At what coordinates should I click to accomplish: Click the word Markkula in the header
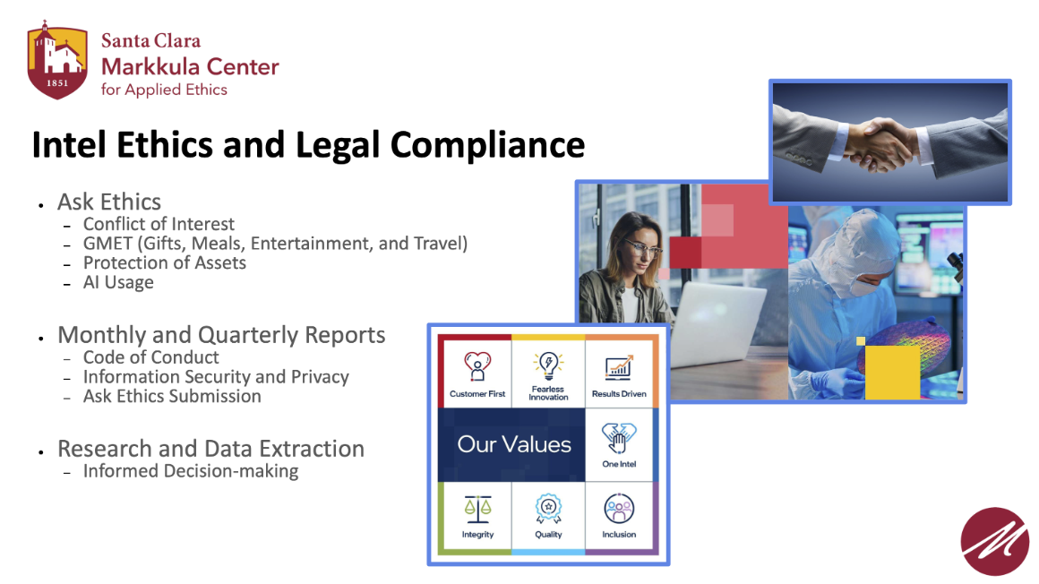point(146,66)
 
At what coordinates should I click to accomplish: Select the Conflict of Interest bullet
point(159,224)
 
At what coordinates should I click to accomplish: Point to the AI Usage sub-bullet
point(118,283)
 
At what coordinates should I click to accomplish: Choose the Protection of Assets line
point(164,263)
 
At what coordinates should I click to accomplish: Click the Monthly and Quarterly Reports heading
point(221,335)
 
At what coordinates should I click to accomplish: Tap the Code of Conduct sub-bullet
point(150,357)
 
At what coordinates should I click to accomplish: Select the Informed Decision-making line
point(191,471)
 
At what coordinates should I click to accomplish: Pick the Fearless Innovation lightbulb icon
point(548,364)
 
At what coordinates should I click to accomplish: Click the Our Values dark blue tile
point(513,444)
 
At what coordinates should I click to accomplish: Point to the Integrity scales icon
point(477,509)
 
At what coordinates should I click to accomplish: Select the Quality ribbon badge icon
point(548,509)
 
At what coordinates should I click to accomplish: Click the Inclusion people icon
point(619,509)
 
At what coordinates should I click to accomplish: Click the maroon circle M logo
point(994,541)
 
